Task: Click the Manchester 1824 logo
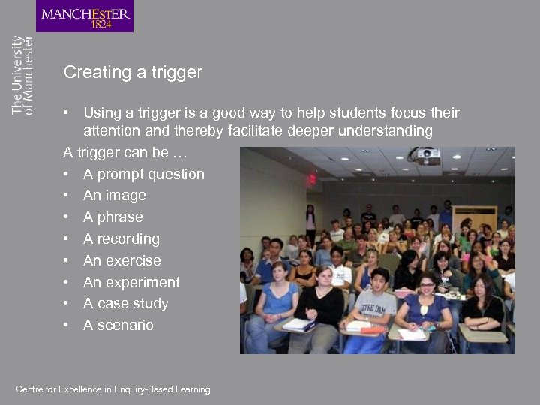coord(85,16)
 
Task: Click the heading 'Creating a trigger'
coord(133,73)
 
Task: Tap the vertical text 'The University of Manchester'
coord(23,75)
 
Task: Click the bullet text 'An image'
coord(114,196)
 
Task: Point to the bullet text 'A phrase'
coord(112,217)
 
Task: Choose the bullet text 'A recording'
coord(121,239)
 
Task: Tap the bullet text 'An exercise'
coord(121,261)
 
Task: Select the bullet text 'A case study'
coord(125,304)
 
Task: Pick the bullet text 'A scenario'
coord(118,325)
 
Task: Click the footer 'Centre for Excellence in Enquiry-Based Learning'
coord(113,389)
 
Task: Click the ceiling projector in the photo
coord(424,156)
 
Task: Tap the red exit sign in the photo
coord(311,179)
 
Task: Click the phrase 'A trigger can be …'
coord(125,153)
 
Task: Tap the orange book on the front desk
coord(372,329)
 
